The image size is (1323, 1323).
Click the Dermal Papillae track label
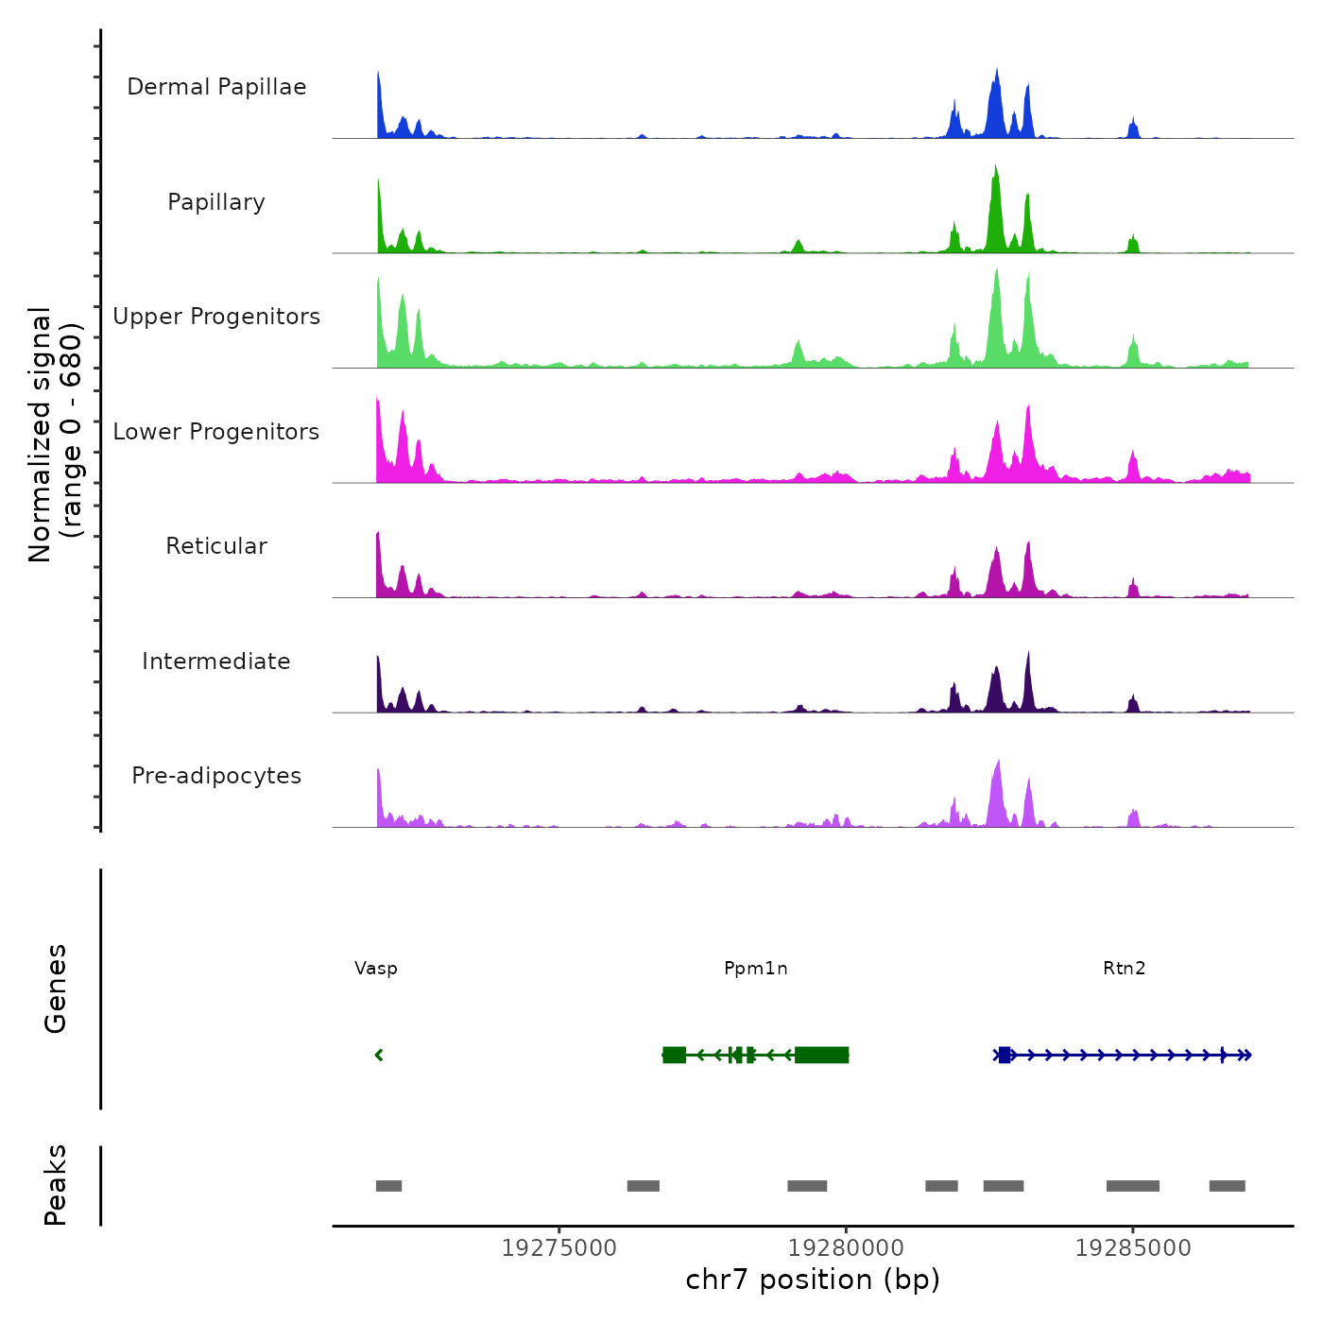coord(216,87)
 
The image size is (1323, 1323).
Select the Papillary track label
coord(216,202)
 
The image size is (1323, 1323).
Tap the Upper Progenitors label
coord(216,317)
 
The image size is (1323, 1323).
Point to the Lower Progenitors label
coord(216,432)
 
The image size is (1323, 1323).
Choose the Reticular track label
coord(216,546)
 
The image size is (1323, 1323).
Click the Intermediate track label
coord(216,661)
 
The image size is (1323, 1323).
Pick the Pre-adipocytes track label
coord(216,776)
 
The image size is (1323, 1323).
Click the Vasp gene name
coord(376,968)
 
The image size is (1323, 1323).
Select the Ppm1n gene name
coord(756,968)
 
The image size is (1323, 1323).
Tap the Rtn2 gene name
coord(1125,968)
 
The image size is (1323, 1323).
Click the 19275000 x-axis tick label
coord(558,1248)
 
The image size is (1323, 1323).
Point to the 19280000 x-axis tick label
coord(846,1248)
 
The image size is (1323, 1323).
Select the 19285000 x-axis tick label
coord(1133,1248)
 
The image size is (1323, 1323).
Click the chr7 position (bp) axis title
coord(813,1280)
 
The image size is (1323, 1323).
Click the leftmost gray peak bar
coord(388,1186)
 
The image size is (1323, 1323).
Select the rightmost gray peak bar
coord(1227,1186)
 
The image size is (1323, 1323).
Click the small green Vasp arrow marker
coord(379,1055)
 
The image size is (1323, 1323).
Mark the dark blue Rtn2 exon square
coord(1005,1055)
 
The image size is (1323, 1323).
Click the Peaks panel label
coord(56,1185)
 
